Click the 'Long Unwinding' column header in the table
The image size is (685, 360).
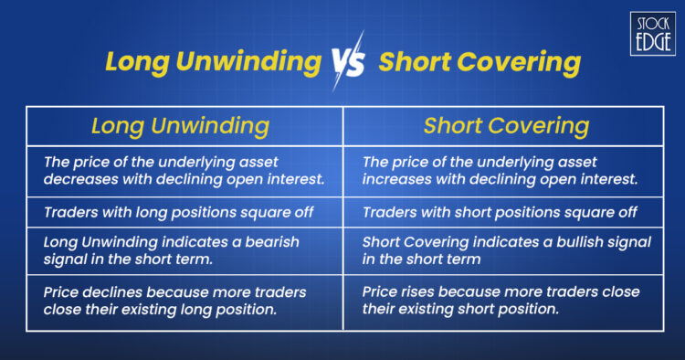180,125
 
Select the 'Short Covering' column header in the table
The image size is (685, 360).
505,125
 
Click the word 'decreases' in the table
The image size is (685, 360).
79,177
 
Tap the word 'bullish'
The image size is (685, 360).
576,242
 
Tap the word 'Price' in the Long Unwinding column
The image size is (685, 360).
63,292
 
